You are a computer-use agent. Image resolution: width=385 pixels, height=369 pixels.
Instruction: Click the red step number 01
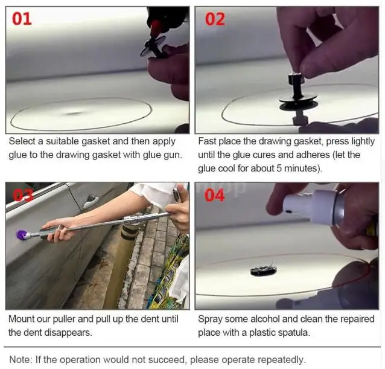(22, 19)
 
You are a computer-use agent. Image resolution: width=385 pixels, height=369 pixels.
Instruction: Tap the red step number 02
(215, 19)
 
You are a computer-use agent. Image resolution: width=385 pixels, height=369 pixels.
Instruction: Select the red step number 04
(215, 195)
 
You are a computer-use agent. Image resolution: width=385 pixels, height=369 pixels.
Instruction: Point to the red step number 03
(23, 196)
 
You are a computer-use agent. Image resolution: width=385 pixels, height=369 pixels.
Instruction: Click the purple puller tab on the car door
(21, 236)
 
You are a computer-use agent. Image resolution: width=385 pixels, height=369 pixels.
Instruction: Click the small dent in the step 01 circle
(74, 114)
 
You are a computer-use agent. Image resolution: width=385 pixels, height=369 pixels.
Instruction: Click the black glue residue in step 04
(264, 270)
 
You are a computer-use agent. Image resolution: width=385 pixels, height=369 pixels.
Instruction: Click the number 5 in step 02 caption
(279, 168)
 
